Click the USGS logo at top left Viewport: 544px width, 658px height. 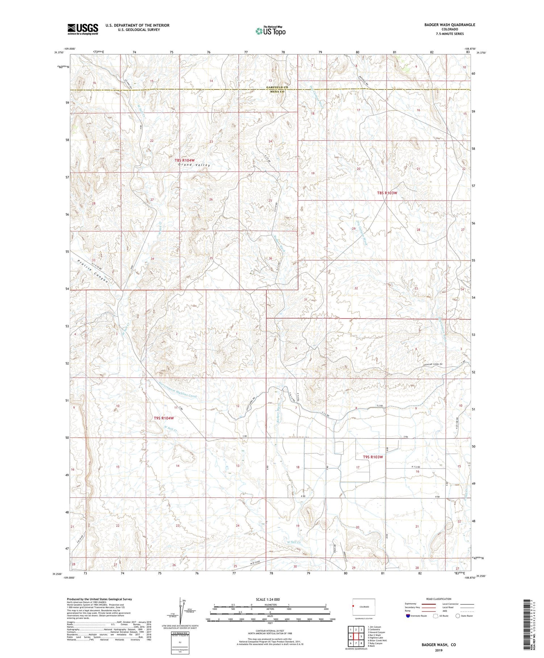[83, 29]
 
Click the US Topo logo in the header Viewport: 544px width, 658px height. [270, 31]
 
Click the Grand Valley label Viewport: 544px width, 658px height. [194, 165]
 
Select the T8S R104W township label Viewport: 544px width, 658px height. [184, 160]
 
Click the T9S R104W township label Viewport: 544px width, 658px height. [164, 418]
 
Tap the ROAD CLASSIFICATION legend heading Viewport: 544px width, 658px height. [439, 599]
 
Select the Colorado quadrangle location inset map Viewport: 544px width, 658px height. [364, 606]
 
